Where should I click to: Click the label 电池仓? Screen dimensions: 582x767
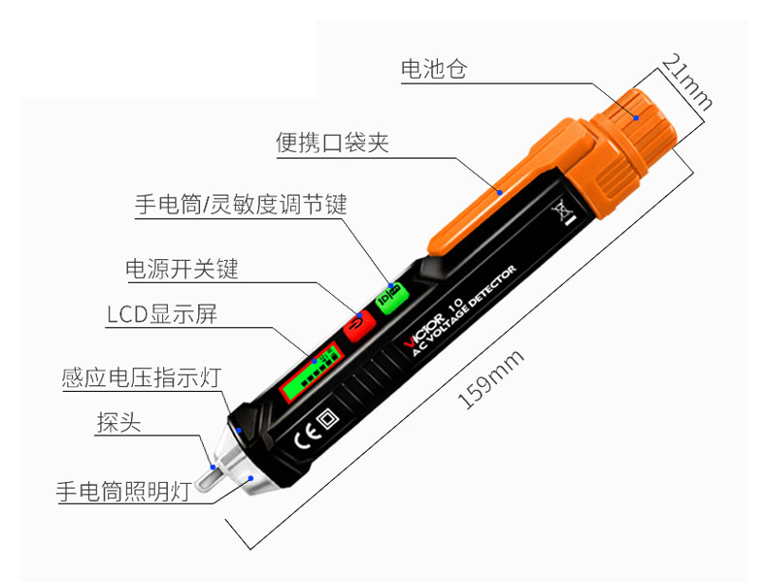pyautogui.click(x=434, y=69)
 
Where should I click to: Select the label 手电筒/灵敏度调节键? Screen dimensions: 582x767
pyautogui.click(x=240, y=205)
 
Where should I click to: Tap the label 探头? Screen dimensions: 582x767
pyautogui.click(x=115, y=423)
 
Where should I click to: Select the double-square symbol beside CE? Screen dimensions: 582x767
pyautogui.click(x=328, y=419)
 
